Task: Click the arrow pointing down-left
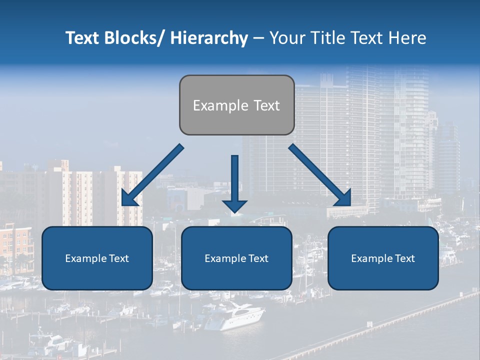click(151, 175)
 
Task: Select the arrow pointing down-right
click(320, 175)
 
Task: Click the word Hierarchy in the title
click(209, 38)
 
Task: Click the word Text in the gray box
click(266, 106)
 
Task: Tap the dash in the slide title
click(258, 38)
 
